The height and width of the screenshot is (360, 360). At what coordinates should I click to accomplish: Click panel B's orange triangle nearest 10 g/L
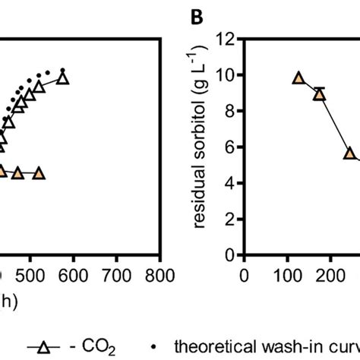(x=298, y=78)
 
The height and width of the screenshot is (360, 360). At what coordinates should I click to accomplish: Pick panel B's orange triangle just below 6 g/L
(x=349, y=153)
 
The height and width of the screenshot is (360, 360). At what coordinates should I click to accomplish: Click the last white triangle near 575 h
(x=62, y=78)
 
